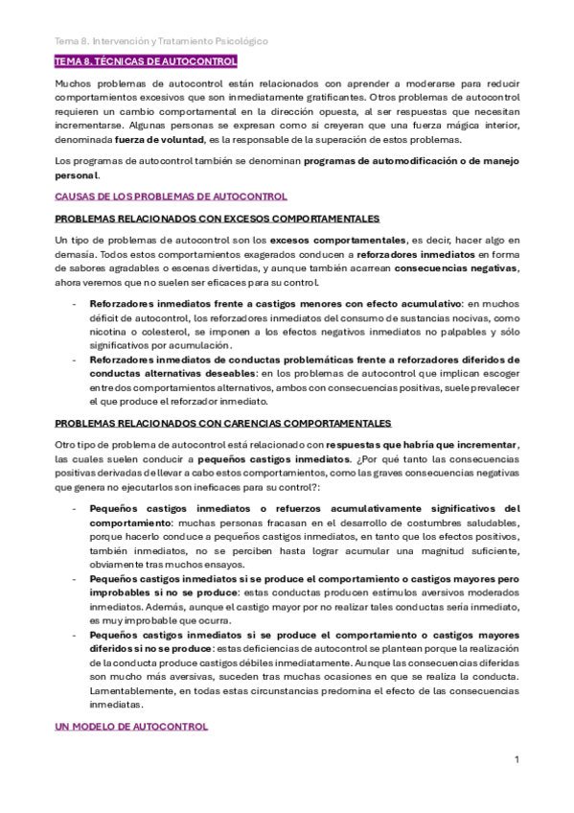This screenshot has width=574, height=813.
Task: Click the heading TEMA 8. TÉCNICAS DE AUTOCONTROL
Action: pyautogui.click(x=146, y=62)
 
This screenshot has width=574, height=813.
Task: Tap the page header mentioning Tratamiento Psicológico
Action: pyautogui.click(x=161, y=42)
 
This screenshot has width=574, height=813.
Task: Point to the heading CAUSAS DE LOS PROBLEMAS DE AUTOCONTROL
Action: pyautogui.click(x=171, y=197)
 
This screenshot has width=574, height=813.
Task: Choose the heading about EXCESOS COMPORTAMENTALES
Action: pyautogui.click(x=218, y=219)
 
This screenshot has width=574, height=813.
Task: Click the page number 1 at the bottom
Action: pyautogui.click(x=517, y=759)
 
